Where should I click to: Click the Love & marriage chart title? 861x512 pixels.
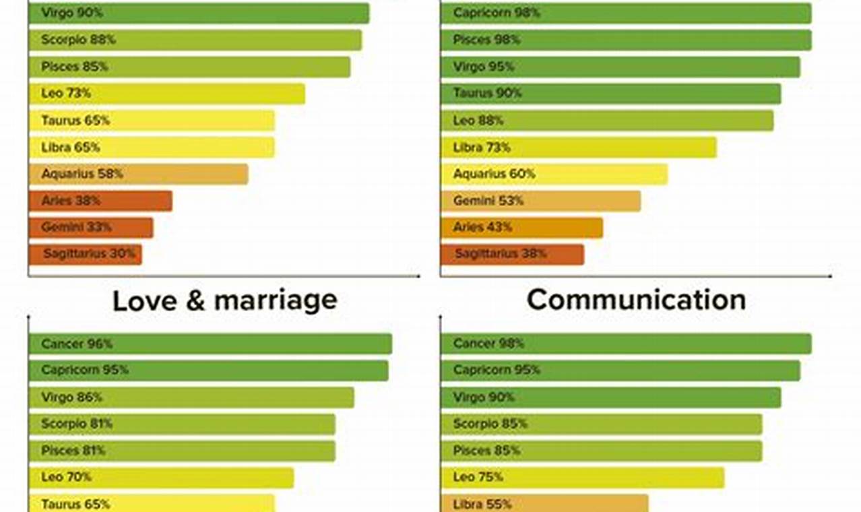pos(224,300)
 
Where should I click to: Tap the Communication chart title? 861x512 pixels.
pos(636,300)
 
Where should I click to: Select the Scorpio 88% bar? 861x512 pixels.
pos(195,40)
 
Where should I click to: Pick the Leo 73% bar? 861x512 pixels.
pos(166,94)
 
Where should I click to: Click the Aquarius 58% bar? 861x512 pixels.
pos(138,174)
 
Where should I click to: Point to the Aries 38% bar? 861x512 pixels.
pos(100,201)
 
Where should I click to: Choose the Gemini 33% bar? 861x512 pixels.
pos(90,228)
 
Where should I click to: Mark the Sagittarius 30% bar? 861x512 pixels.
pos(85,254)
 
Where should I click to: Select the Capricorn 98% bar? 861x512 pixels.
pos(625,13)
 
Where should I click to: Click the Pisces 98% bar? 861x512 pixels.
pos(625,40)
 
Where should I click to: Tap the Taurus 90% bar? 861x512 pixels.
pos(610,94)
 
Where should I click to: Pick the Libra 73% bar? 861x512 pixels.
pos(578,147)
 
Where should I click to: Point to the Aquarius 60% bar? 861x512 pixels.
pos(554,174)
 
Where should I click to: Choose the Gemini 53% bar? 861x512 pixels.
pos(540,201)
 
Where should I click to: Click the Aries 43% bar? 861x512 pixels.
pos(521,228)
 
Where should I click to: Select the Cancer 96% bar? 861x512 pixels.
pos(210,344)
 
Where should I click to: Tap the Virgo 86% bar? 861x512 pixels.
pos(191,397)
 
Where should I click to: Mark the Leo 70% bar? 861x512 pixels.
pos(161,478)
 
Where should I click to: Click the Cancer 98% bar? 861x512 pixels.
pos(625,344)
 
